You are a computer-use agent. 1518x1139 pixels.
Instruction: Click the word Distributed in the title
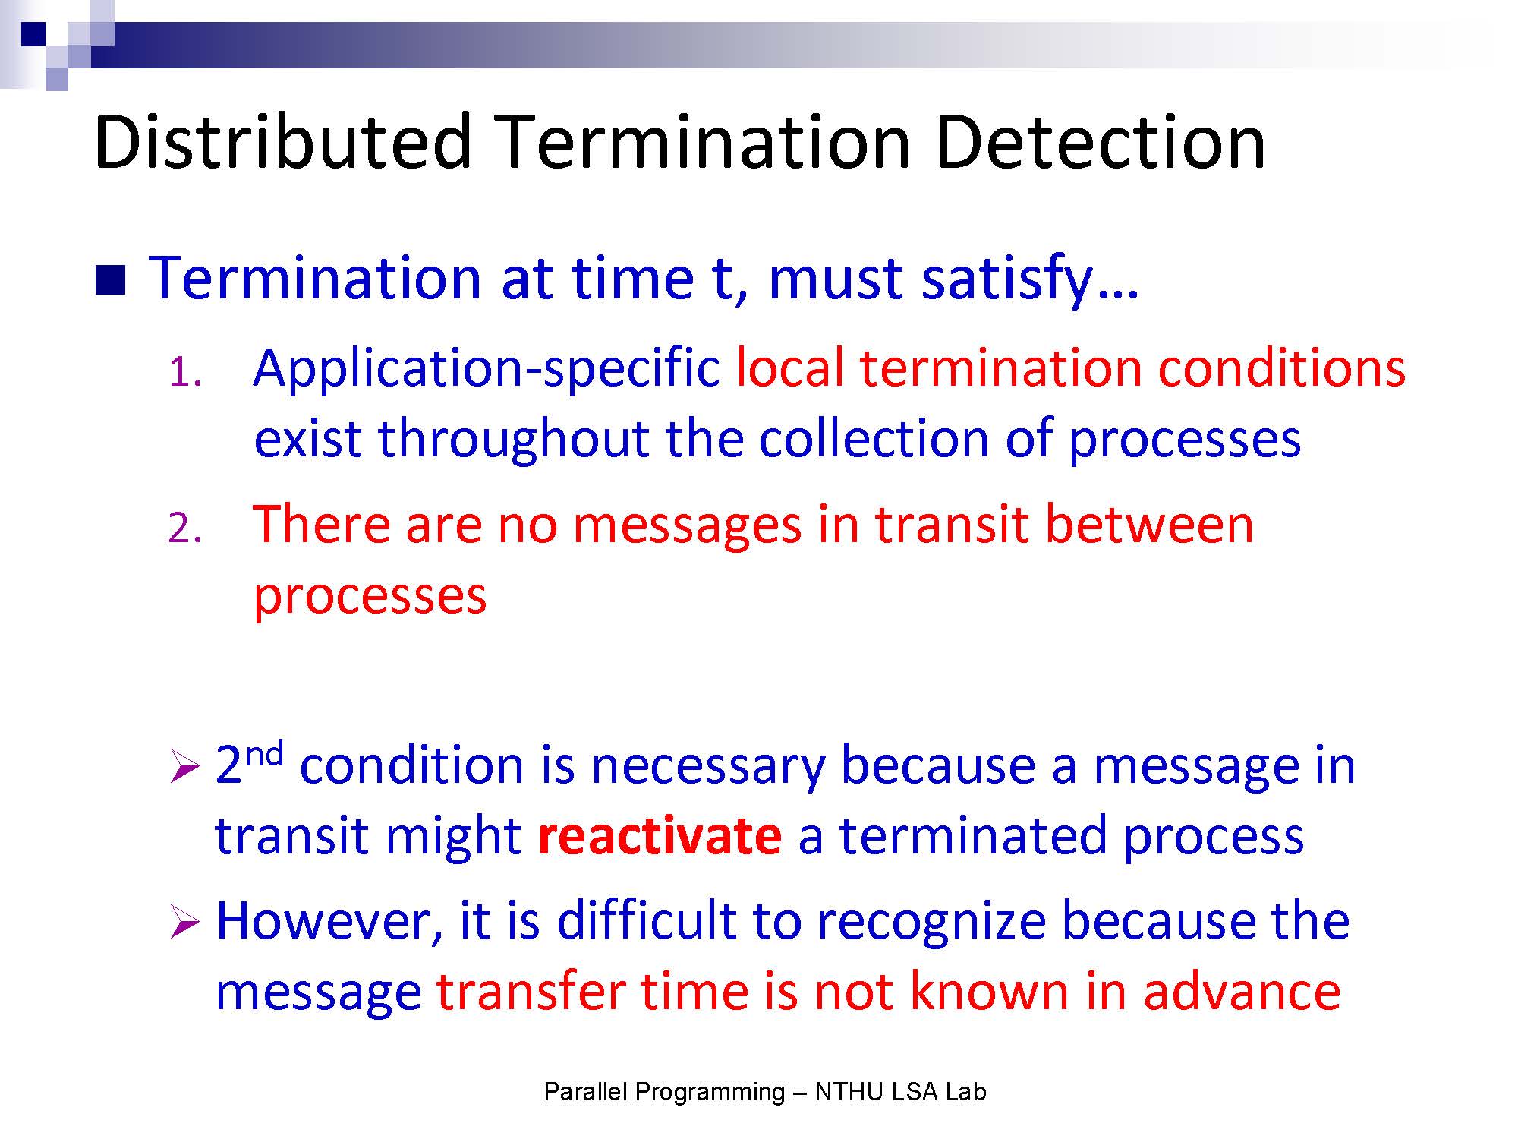tap(283, 141)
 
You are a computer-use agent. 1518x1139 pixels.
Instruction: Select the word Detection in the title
tap(1101, 141)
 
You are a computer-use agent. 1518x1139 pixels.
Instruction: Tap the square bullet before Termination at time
tap(111, 279)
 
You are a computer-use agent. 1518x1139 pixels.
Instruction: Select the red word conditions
tap(1282, 369)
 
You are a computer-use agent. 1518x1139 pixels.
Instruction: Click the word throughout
tap(514, 440)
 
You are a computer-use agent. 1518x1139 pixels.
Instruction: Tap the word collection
tap(874, 440)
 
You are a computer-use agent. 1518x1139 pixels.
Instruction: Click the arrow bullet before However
tap(185, 923)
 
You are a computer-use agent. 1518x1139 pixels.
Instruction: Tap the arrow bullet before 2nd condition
tap(185, 766)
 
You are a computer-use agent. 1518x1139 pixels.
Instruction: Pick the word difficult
tap(646, 921)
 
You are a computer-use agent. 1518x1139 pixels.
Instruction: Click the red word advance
tap(1242, 992)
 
